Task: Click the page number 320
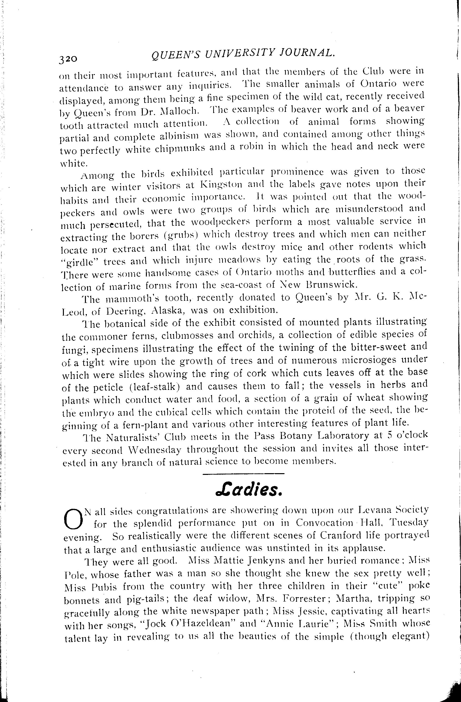point(68,58)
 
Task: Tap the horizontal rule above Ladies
point(243,474)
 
